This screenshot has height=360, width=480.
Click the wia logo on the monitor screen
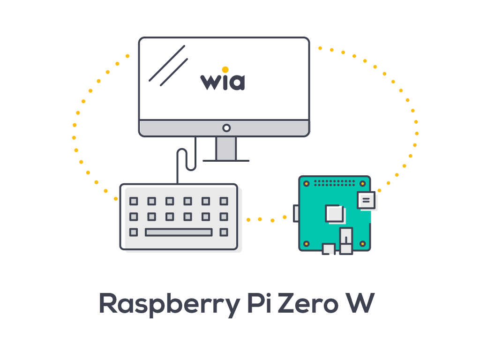tap(223, 81)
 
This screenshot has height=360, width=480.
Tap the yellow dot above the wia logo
tap(225, 70)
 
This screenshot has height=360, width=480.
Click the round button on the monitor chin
tap(226, 127)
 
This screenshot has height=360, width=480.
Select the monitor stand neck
tap(226, 148)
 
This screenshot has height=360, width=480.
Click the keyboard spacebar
tap(179, 232)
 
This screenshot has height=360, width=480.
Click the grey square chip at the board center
tap(335, 214)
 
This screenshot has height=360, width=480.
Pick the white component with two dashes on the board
tap(366, 200)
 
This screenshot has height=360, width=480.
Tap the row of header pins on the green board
tap(335, 181)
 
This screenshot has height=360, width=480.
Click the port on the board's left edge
tap(296, 213)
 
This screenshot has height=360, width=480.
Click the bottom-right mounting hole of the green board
tap(362, 243)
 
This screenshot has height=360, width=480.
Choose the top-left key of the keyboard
tap(134, 201)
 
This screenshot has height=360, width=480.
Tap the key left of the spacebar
tap(134, 232)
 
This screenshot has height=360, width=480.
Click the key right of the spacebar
tap(224, 232)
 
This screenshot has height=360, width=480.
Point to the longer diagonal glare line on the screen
tap(167, 63)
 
